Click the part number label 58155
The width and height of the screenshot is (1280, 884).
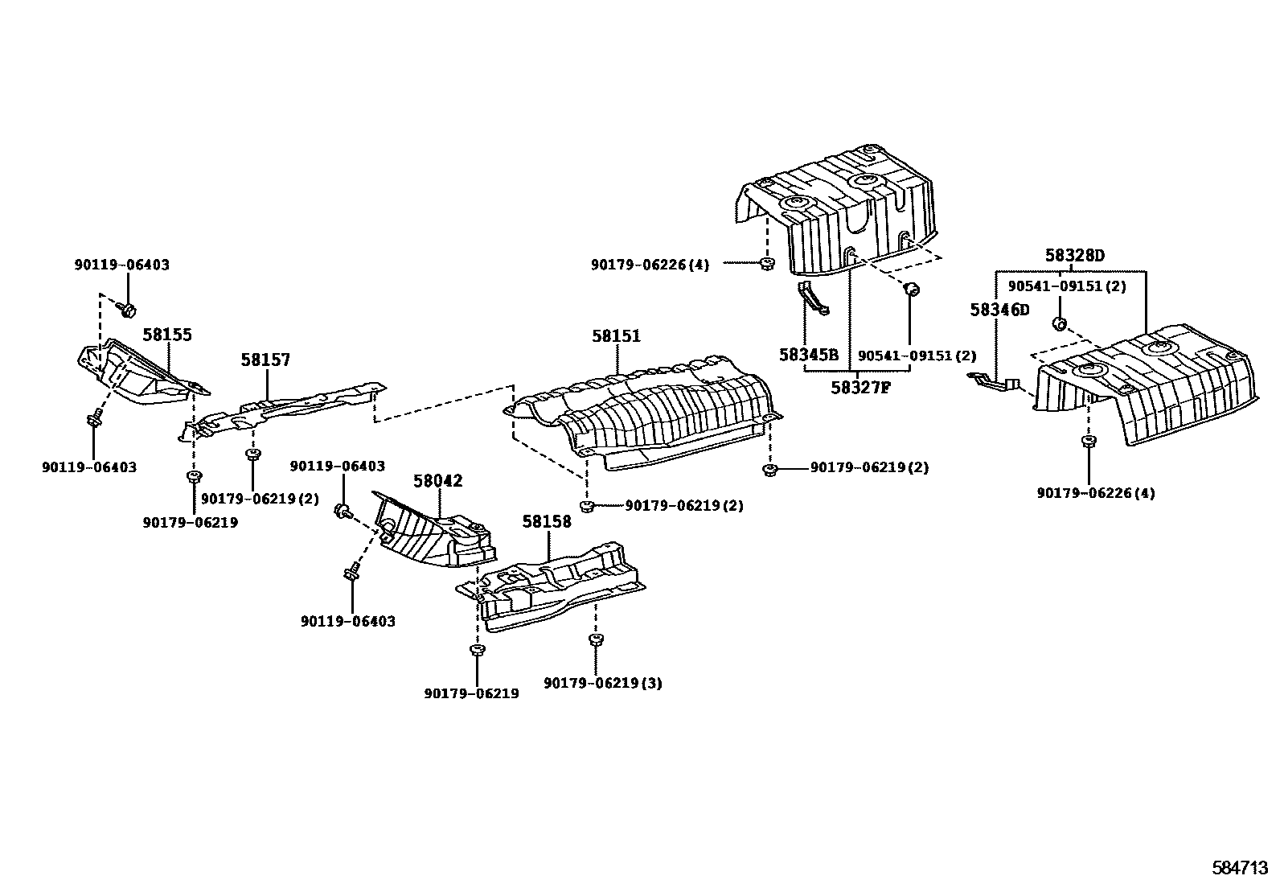coord(167,335)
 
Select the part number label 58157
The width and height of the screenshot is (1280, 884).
coord(265,360)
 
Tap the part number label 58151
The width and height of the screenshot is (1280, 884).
coord(616,336)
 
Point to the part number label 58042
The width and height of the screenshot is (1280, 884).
coord(438,481)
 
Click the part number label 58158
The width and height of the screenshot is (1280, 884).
coord(547,521)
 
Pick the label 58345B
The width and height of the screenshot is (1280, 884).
coord(808,355)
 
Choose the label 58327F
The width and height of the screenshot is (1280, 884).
coord(860,388)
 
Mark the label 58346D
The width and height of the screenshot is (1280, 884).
coord(999,310)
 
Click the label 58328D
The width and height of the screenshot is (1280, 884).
coord(1074,257)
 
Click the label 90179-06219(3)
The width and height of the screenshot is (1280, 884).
coord(603,683)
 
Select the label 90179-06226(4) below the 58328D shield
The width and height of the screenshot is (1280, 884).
coord(1095,493)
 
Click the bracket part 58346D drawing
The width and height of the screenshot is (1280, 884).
coord(995,382)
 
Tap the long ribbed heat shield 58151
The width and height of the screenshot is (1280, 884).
coord(643,414)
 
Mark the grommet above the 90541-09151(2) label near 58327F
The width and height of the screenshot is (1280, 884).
coord(911,288)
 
